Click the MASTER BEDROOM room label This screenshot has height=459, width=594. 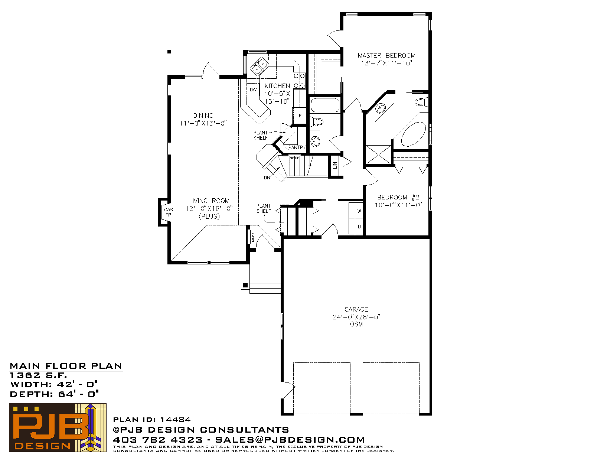(x=386, y=55)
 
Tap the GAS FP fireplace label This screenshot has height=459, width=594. (x=169, y=212)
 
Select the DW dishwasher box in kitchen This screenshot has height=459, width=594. (x=253, y=89)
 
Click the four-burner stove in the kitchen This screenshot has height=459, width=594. (x=299, y=81)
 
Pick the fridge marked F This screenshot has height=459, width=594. (x=300, y=115)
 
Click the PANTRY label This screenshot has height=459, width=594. (x=297, y=148)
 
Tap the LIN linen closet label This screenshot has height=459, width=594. (x=335, y=165)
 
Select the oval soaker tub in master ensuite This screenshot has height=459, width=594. (x=414, y=134)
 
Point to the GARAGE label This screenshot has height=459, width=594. (x=356, y=309)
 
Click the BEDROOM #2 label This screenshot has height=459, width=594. (x=398, y=198)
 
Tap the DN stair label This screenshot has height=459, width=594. (x=267, y=178)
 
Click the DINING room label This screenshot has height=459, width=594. (x=203, y=115)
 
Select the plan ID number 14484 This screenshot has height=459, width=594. (x=175, y=420)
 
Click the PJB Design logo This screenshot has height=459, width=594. (x=58, y=427)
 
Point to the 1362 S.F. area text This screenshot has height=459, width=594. (x=38, y=375)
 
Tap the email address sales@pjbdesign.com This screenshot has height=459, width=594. (x=290, y=440)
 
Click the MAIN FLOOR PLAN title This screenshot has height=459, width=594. (x=66, y=366)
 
